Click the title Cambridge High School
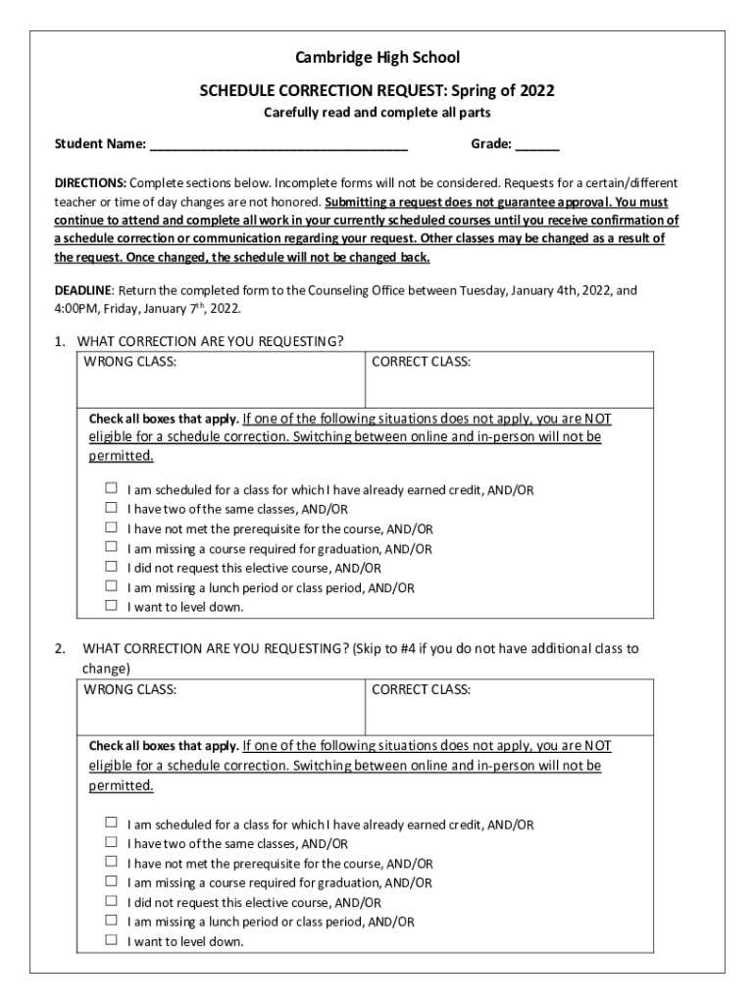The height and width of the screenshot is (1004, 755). [x=377, y=58]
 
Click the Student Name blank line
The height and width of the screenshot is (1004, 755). [x=278, y=145]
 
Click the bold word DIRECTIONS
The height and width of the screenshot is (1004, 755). [x=89, y=183]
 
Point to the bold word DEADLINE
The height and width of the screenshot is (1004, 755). [x=84, y=291]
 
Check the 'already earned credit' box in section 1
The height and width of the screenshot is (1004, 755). [x=112, y=488]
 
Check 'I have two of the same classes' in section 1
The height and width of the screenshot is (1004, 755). [x=112, y=508]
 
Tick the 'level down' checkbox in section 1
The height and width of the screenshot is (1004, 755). [x=112, y=606]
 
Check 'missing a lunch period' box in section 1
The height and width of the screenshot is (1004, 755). [x=112, y=586]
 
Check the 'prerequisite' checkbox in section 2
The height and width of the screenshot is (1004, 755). [x=112, y=862]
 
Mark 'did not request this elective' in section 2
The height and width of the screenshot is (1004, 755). [x=112, y=901]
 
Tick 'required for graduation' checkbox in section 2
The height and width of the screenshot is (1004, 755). [x=112, y=881]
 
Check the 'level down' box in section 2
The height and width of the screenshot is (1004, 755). [x=112, y=940]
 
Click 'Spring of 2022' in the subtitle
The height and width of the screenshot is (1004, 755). [x=503, y=91]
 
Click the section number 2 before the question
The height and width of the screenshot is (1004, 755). [x=60, y=648]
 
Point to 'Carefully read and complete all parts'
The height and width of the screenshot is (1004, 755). [x=377, y=114]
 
